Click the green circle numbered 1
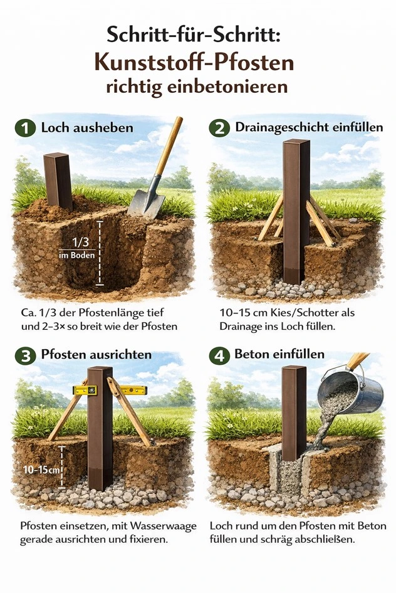pyautogui.click(x=25, y=129)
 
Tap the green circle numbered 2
pyautogui.click(x=219, y=129)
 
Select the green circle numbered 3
pyautogui.click(x=25, y=355)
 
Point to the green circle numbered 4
pyautogui.click(x=219, y=355)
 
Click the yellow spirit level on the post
pyautogui.click(x=110, y=389)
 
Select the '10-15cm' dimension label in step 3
pyautogui.click(x=41, y=470)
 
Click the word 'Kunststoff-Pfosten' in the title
pyautogui.click(x=194, y=63)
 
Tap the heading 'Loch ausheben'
pyautogui.click(x=87, y=128)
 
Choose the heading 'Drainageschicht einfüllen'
pyautogui.click(x=309, y=127)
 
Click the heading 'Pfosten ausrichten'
pyautogui.click(x=96, y=355)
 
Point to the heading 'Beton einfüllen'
pyautogui.click(x=279, y=354)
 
